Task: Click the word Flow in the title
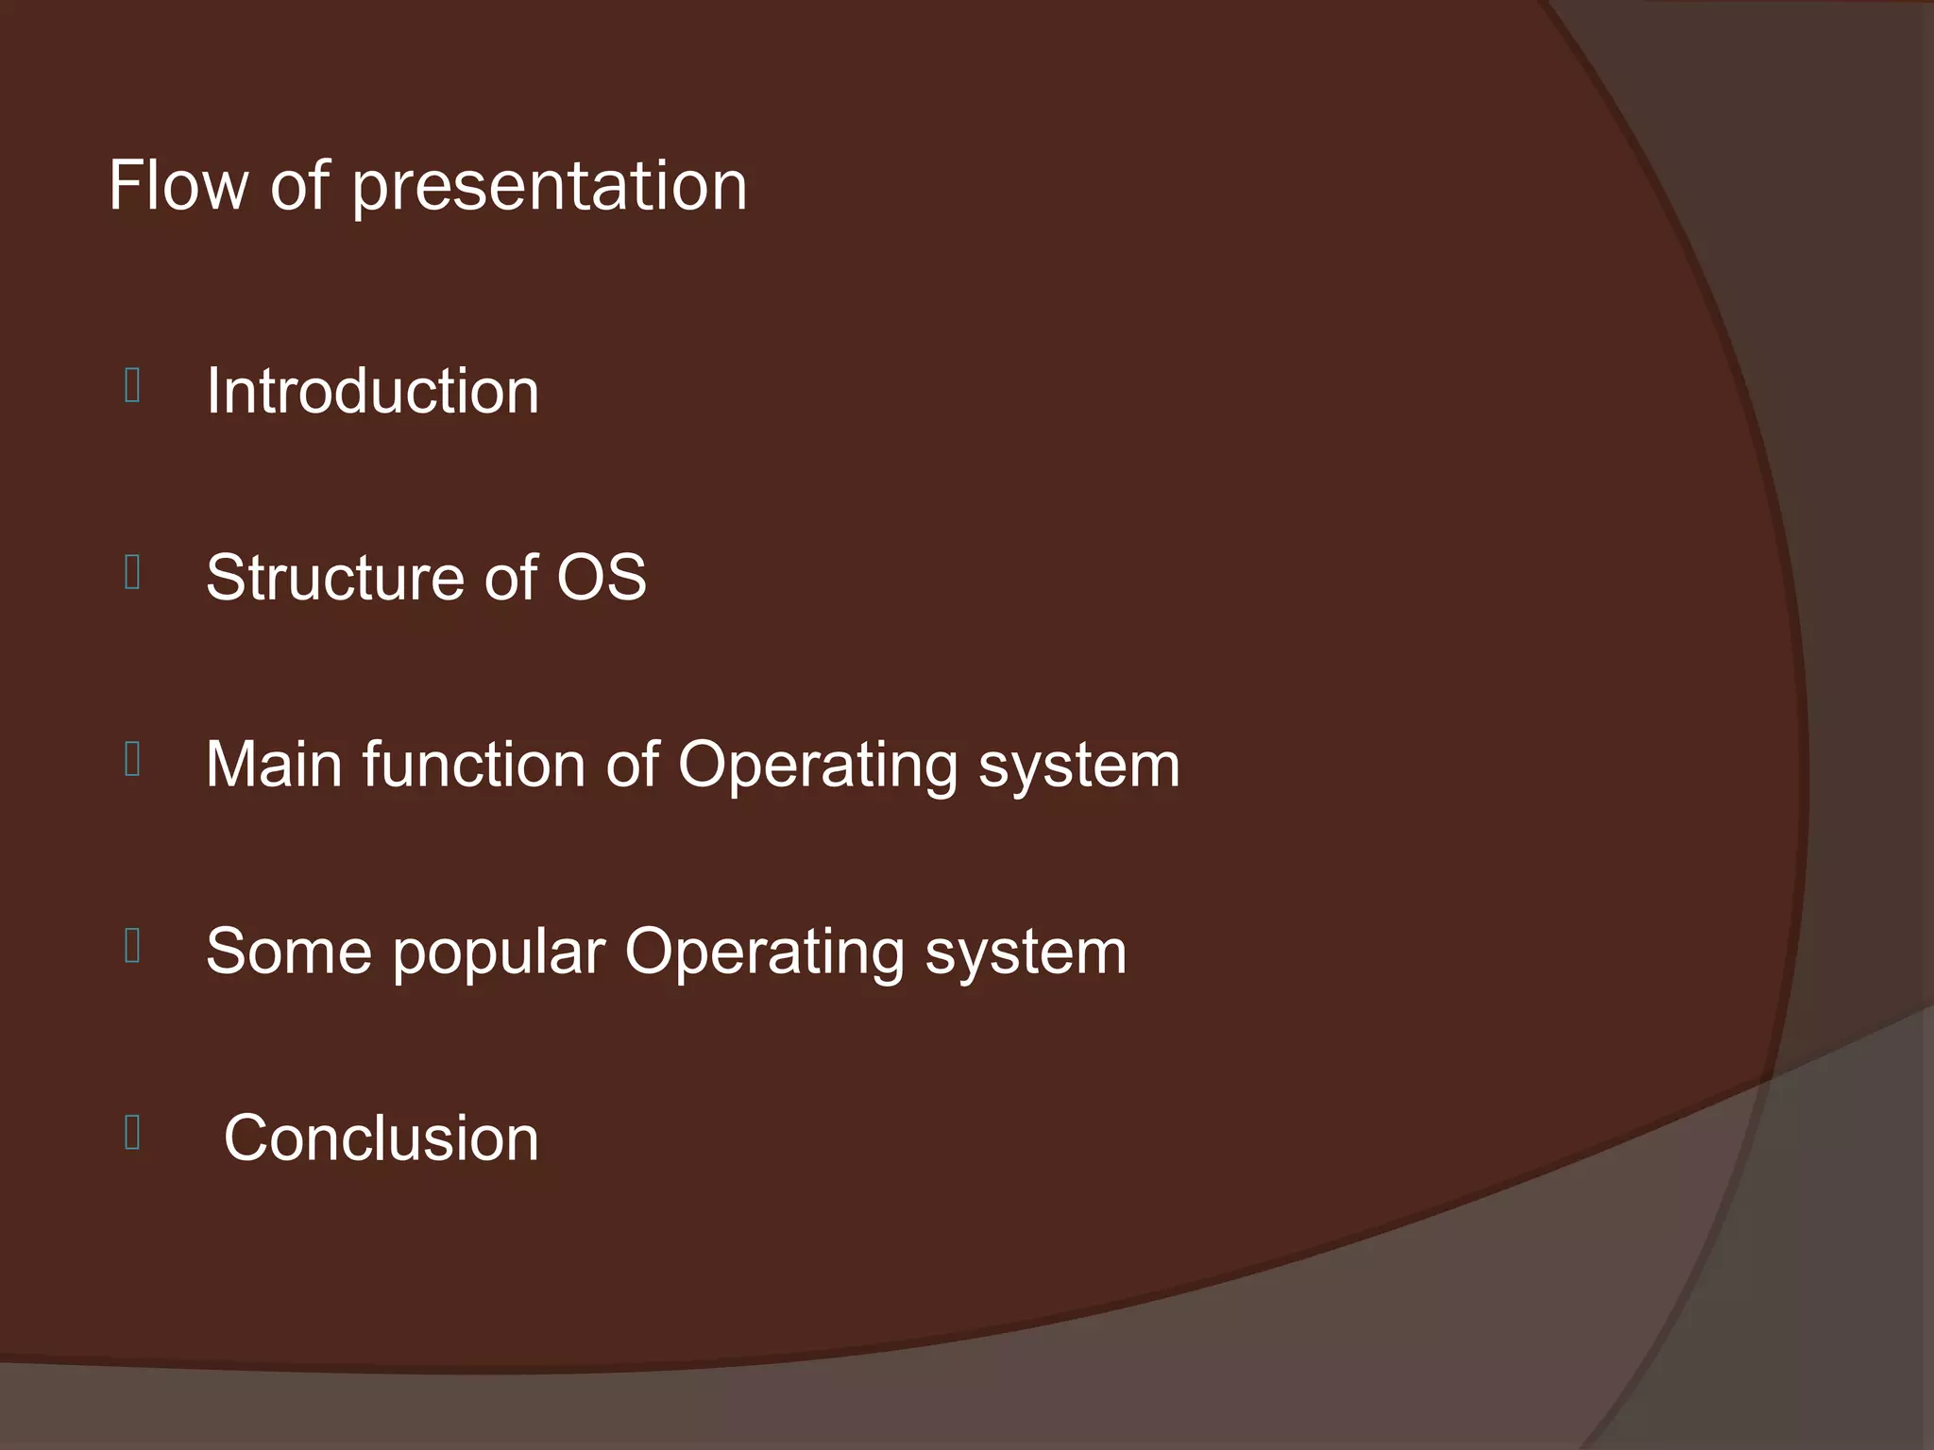pyautogui.click(x=178, y=185)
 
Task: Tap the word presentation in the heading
pyautogui.click(x=550, y=187)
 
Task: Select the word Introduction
pyautogui.click(x=372, y=391)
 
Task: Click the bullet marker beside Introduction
pyautogui.click(x=132, y=386)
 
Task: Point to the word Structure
pyautogui.click(x=337, y=578)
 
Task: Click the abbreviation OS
pyautogui.click(x=601, y=578)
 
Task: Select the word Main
pyautogui.click(x=274, y=764)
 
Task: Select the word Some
pyautogui.click(x=288, y=952)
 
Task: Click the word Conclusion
pyautogui.click(x=381, y=1138)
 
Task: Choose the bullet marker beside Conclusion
pyautogui.click(x=132, y=1133)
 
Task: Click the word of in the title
pyautogui.click(x=300, y=185)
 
